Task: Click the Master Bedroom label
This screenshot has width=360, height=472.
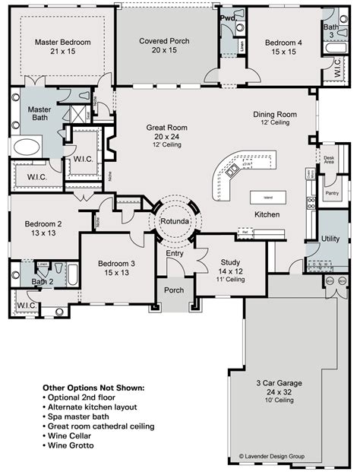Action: (x=62, y=43)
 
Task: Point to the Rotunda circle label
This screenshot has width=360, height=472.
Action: (x=175, y=220)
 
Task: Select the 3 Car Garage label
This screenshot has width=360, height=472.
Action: (x=279, y=385)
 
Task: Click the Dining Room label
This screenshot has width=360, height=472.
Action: (x=274, y=115)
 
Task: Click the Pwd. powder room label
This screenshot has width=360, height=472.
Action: (x=227, y=17)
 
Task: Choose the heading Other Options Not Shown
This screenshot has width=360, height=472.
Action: (x=93, y=387)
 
